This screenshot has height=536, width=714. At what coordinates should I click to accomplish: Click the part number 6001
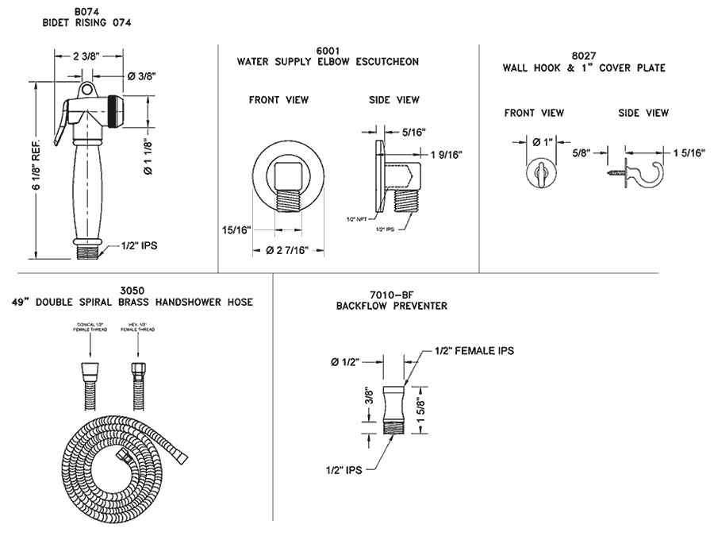328,50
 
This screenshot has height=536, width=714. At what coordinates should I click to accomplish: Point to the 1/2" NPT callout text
356,218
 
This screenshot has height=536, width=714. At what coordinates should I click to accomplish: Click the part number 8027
583,56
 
